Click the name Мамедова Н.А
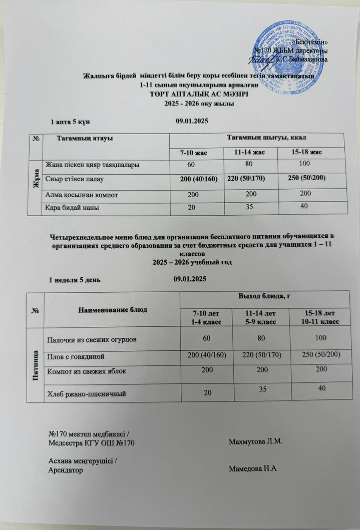tap(252, 468)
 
